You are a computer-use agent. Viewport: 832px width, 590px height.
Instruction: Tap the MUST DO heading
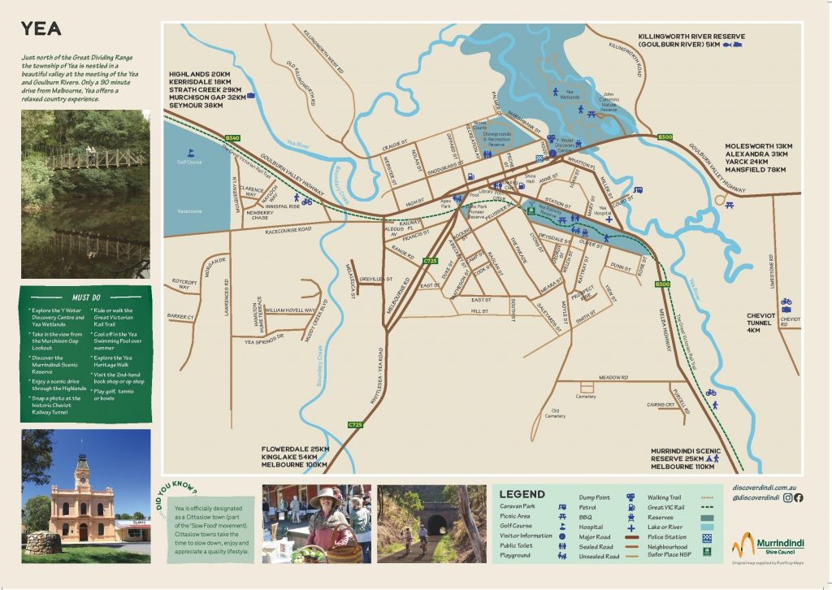85,297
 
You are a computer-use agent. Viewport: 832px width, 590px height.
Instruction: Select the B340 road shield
233,137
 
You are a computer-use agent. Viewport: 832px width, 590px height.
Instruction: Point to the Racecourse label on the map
189,211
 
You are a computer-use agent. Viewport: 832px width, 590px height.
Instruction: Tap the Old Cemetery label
555,414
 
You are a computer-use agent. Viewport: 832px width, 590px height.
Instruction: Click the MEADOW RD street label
613,377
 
